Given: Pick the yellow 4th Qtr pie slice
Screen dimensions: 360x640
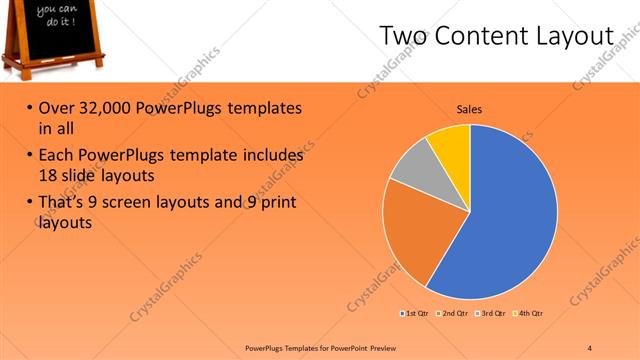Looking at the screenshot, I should [x=451, y=145].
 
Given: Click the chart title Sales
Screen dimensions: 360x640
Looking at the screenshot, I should [x=470, y=109].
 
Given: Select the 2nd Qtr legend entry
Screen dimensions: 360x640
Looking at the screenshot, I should [x=452, y=314].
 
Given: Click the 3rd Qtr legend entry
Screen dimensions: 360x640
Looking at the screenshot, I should [x=490, y=314].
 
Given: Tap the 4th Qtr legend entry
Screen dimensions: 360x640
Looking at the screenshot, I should [x=528, y=314].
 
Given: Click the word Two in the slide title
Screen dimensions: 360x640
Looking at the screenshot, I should [x=403, y=37].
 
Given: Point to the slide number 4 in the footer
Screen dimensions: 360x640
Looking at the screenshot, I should [x=590, y=347].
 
